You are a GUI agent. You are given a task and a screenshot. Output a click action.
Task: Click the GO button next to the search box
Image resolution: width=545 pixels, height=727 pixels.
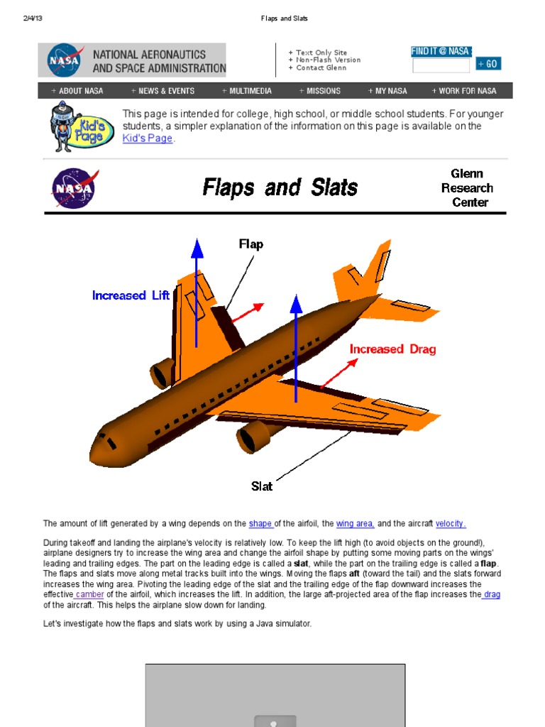click(x=488, y=64)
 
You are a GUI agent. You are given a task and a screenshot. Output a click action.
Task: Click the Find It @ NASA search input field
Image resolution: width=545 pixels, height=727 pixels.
click(x=441, y=65)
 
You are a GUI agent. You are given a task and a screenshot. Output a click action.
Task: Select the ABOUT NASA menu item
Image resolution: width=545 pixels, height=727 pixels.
click(x=77, y=91)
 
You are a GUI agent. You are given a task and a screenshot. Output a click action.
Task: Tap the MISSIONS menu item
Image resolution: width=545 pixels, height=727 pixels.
click(x=320, y=91)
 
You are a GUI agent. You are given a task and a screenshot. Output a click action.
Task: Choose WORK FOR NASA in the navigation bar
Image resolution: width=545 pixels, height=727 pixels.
click(x=464, y=91)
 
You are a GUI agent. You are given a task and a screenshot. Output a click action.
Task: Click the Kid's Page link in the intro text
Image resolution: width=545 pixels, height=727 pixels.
click(x=148, y=138)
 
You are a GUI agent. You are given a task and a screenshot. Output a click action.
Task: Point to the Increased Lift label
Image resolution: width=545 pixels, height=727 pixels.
click(x=131, y=295)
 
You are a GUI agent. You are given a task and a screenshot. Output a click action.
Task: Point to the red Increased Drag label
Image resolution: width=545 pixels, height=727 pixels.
click(x=392, y=349)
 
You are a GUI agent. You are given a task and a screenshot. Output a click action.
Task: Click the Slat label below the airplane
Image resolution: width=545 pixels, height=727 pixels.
click(x=262, y=486)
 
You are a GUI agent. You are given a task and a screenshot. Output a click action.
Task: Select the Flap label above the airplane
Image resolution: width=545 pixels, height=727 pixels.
click(x=251, y=244)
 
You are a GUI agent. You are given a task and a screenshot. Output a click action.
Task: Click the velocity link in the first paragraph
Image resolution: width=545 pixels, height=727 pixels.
click(x=451, y=524)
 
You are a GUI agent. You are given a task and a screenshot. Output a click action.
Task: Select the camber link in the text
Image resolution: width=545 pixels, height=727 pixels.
click(x=89, y=594)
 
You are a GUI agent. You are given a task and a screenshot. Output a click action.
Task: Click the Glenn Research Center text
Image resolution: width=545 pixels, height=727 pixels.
click(x=467, y=188)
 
